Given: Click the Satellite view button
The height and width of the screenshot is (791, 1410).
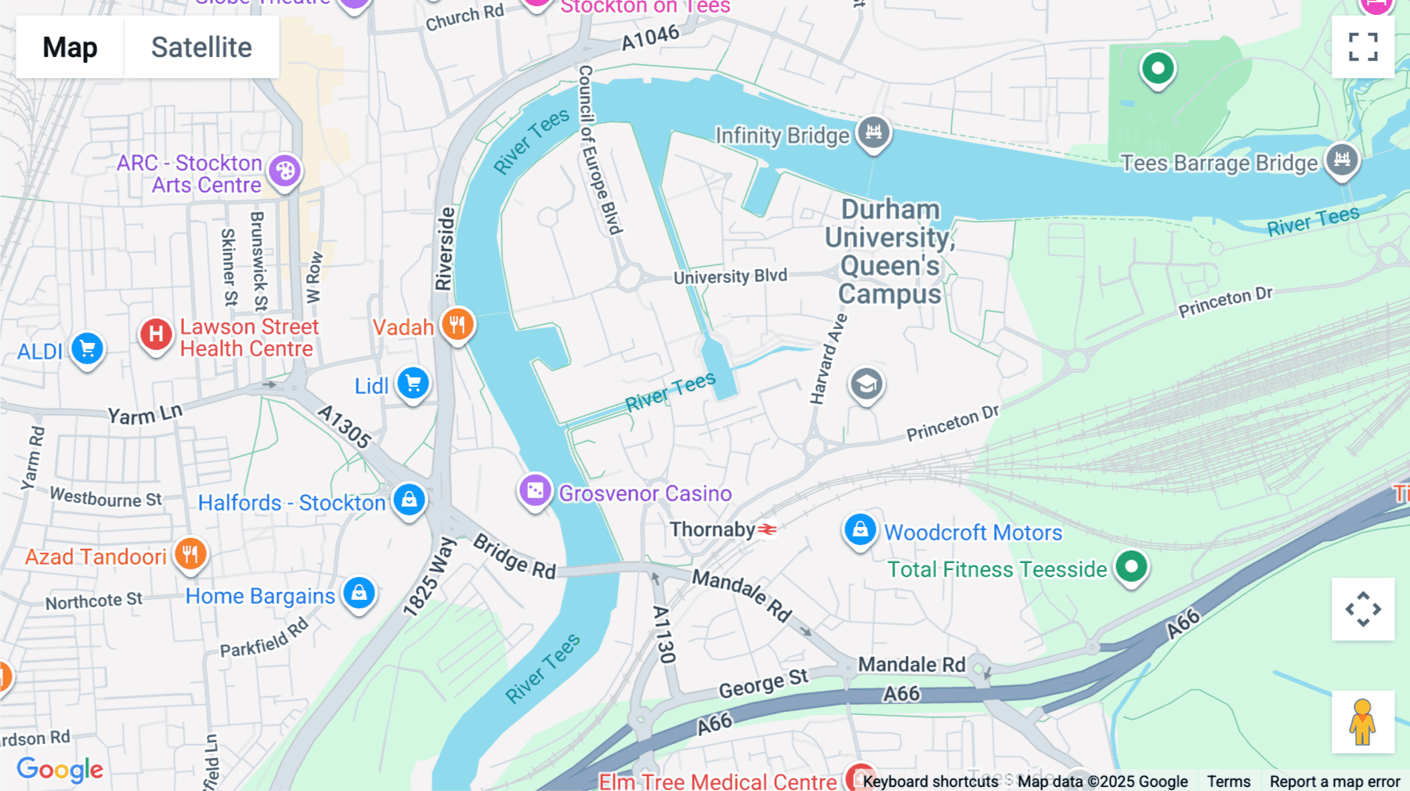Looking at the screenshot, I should pyautogui.click(x=201, y=47).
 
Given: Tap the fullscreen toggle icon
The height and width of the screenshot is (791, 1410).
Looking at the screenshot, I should pyautogui.click(x=1363, y=47).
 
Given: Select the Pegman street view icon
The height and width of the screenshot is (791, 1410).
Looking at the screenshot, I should pyautogui.click(x=1362, y=722).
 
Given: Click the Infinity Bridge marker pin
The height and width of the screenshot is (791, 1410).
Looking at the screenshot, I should pyautogui.click(x=873, y=133).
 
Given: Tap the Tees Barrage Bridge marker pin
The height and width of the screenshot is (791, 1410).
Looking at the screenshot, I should pyautogui.click(x=1342, y=161).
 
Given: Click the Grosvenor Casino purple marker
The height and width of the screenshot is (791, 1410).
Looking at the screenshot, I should pyautogui.click(x=535, y=491).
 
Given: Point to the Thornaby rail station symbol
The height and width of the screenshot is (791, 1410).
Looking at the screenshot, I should pyautogui.click(x=768, y=530).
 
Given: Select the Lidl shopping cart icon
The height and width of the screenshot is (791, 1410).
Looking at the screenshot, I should pyautogui.click(x=413, y=384).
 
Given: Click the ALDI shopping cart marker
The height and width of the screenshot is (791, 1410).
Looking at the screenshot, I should pyautogui.click(x=87, y=349).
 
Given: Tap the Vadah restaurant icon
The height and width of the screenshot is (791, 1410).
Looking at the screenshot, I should pyautogui.click(x=457, y=324).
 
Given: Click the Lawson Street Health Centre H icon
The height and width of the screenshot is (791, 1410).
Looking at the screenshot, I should pyautogui.click(x=156, y=334).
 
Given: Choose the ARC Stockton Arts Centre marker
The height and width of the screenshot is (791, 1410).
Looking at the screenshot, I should pyautogui.click(x=284, y=171).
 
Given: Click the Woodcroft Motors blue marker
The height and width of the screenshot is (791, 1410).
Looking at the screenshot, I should pyautogui.click(x=859, y=530).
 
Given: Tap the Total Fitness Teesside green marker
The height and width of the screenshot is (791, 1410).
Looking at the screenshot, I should pyautogui.click(x=1130, y=566).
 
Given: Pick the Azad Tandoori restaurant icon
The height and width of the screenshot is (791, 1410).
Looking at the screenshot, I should pyautogui.click(x=190, y=554).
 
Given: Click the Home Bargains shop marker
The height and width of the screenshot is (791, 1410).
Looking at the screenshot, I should pyautogui.click(x=359, y=594).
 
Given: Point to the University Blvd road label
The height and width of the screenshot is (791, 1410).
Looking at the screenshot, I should pyautogui.click(x=730, y=276).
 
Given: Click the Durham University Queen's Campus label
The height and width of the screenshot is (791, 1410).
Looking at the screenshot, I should pyautogui.click(x=890, y=251).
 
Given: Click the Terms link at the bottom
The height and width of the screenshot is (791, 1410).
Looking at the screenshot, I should pyautogui.click(x=1228, y=781).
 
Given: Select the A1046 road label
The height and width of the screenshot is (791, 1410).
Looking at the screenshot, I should pyautogui.click(x=650, y=37).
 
